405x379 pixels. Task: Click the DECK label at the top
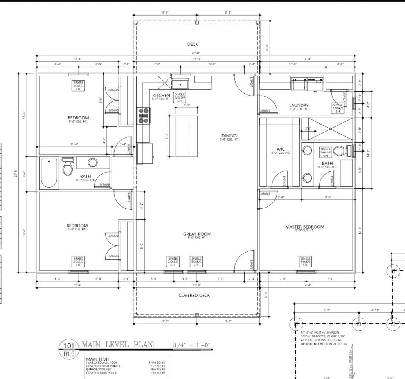(x=193, y=44)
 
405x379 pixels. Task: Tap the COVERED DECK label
(x=194, y=295)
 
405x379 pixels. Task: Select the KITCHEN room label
(x=161, y=96)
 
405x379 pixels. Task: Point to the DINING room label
(x=229, y=135)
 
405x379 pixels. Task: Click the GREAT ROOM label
(x=197, y=234)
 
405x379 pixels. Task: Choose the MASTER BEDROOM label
(x=304, y=227)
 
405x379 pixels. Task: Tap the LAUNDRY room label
(x=299, y=105)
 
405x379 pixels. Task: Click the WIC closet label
(x=281, y=149)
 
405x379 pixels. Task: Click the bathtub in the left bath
(x=49, y=173)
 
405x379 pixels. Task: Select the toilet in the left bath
(x=68, y=167)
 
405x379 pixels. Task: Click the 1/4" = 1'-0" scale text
(x=193, y=345)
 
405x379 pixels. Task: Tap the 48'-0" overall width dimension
(x=196, y=53)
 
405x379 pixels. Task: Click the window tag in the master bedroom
(x=305, y=261)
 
